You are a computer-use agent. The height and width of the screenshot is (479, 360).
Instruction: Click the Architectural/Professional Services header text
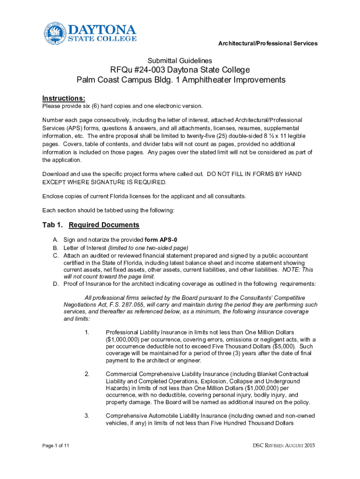point(268,44)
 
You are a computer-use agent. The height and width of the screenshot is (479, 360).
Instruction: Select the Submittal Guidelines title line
point(180,61)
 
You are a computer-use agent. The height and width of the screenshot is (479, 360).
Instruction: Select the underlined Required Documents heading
point(104,225)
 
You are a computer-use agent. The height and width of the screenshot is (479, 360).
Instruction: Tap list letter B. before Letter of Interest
point(55,247)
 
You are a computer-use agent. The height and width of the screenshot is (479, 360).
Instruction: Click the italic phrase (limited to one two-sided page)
point(148,247)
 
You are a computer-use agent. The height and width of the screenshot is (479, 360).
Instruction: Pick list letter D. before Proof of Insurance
point(55,283)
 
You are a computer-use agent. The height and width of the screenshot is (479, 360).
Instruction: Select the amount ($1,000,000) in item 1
point(123,339)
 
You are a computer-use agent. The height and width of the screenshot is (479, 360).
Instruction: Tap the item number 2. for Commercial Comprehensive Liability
point(87,374)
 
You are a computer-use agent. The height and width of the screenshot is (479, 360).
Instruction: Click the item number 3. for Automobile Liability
point(87,415)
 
